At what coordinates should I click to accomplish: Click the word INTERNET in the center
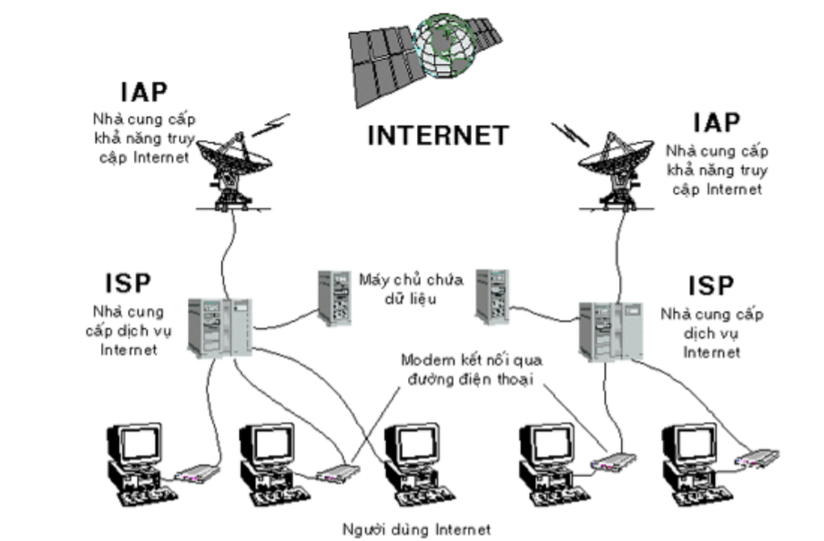437,136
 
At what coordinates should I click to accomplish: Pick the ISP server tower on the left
219,326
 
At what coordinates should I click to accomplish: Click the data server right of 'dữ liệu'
491,295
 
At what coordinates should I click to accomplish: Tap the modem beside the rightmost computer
758,458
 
